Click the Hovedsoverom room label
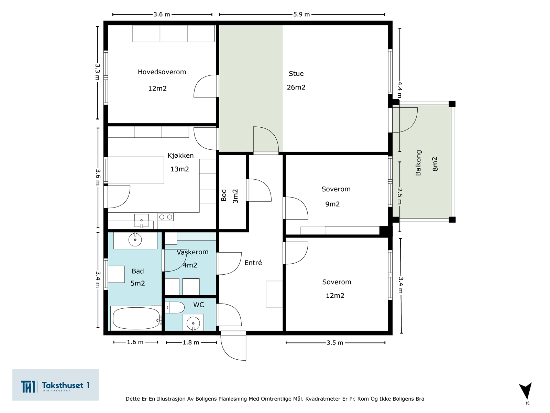162,72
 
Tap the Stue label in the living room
296,73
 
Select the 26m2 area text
296,87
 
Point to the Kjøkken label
180,156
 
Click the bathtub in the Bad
136,318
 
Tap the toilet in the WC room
175,307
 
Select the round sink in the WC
193,322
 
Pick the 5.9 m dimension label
301,14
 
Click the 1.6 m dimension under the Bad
135,342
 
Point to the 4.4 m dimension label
400,89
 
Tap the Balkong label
418,163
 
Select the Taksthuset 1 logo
55,385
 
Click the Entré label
253,263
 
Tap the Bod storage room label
224,195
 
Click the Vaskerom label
192,252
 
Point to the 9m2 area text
332,204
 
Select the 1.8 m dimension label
191,342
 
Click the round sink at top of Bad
135,240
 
